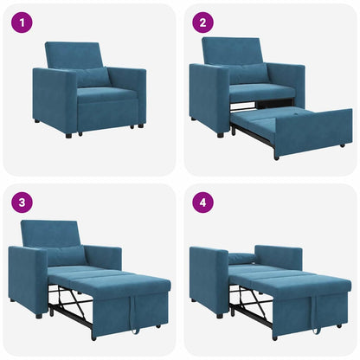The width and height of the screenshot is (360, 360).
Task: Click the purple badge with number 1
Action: click(22, 22)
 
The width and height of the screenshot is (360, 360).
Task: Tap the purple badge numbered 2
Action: click(203, 22)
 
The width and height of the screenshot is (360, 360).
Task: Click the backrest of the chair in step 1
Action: click(73, 55)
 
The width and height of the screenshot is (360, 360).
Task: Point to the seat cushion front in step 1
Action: click(107, 112)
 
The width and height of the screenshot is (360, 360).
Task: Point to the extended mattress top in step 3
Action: click(112, 279)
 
